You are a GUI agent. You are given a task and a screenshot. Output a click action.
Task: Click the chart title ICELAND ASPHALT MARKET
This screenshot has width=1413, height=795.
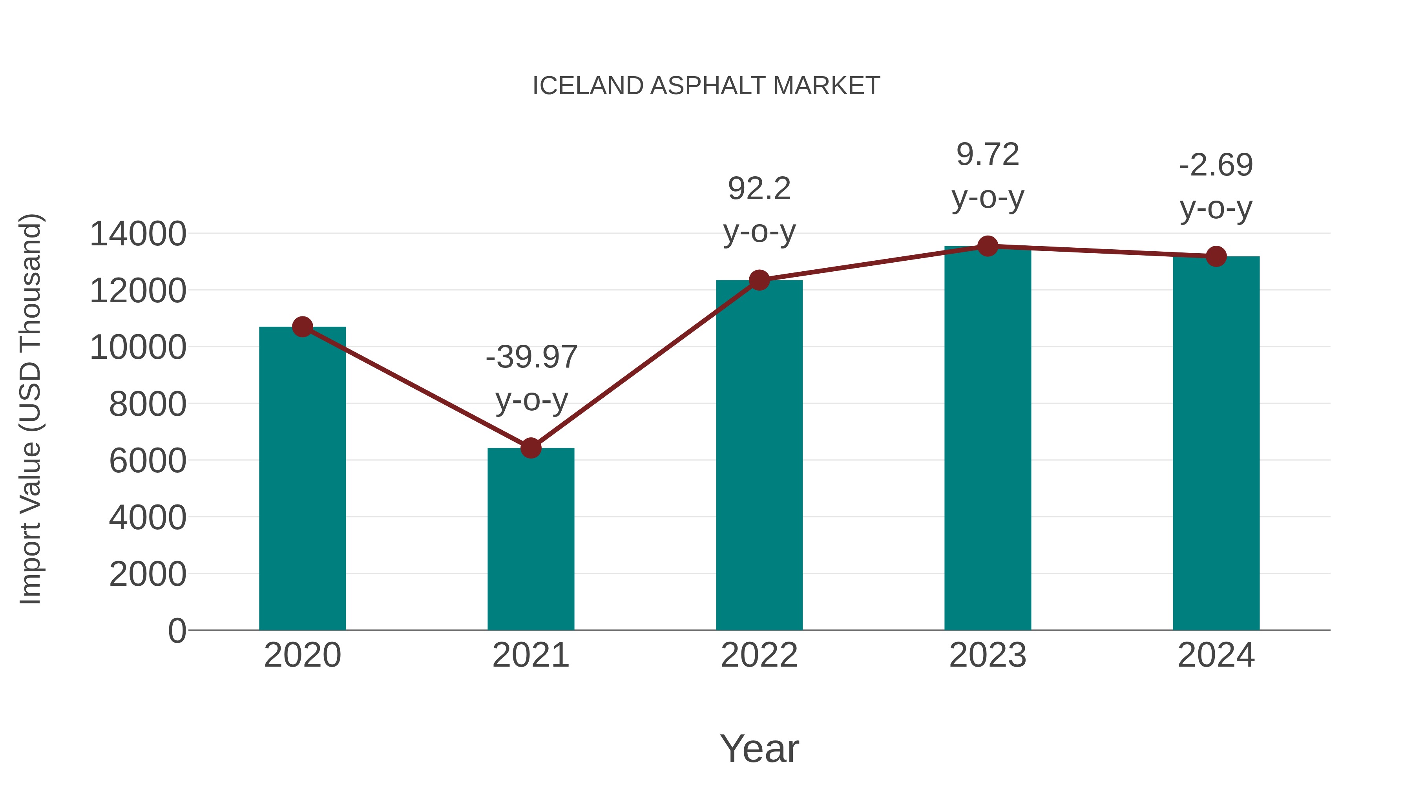click(706, 86)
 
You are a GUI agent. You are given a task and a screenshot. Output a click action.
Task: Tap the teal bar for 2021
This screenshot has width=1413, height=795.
click(530, 541)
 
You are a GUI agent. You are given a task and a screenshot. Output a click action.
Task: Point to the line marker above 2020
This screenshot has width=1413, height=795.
click(302, 327)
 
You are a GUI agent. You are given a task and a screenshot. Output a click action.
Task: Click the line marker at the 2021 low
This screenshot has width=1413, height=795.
click(530, 448)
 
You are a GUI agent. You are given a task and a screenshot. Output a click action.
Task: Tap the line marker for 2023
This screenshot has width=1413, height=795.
click(988, 246)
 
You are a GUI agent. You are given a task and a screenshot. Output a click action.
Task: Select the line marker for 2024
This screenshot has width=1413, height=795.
click(1216, 256)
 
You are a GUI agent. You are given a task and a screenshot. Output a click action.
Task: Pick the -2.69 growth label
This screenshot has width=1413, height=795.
click(1216, 186)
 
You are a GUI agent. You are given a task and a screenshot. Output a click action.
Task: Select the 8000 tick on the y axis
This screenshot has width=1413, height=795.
click(148, 404)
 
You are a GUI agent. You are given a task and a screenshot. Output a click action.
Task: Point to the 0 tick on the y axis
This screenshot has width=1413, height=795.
click(177, 631)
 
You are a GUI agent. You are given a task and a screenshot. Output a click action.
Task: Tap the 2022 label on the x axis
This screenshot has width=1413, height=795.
click(759, 655)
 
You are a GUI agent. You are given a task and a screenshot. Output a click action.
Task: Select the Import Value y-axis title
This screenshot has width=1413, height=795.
click(30, 409)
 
